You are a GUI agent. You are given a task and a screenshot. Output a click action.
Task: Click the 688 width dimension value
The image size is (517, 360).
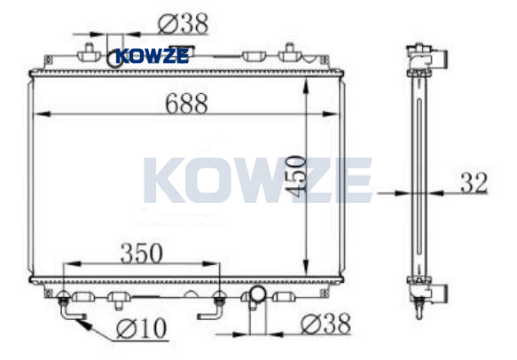(x=186, y=103)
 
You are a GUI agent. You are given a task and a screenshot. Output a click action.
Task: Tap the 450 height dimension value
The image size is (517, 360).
(x=295, y=176)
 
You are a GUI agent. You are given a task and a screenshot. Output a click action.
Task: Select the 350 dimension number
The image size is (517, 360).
(x=142, y=253)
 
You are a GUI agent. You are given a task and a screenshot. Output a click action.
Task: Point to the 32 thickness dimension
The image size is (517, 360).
(x=474, y=183)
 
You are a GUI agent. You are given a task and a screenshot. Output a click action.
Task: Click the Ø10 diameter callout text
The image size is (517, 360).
(x=142, y=328)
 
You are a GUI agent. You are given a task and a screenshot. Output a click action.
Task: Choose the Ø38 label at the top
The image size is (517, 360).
(x=183, y=23)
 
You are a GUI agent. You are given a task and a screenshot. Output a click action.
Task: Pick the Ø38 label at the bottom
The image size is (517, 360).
(x=325, y=324)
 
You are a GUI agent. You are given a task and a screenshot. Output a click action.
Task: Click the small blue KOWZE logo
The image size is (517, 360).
(x=153, y=56)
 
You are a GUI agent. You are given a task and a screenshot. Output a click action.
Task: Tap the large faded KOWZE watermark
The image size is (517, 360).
(x=258, y=180)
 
